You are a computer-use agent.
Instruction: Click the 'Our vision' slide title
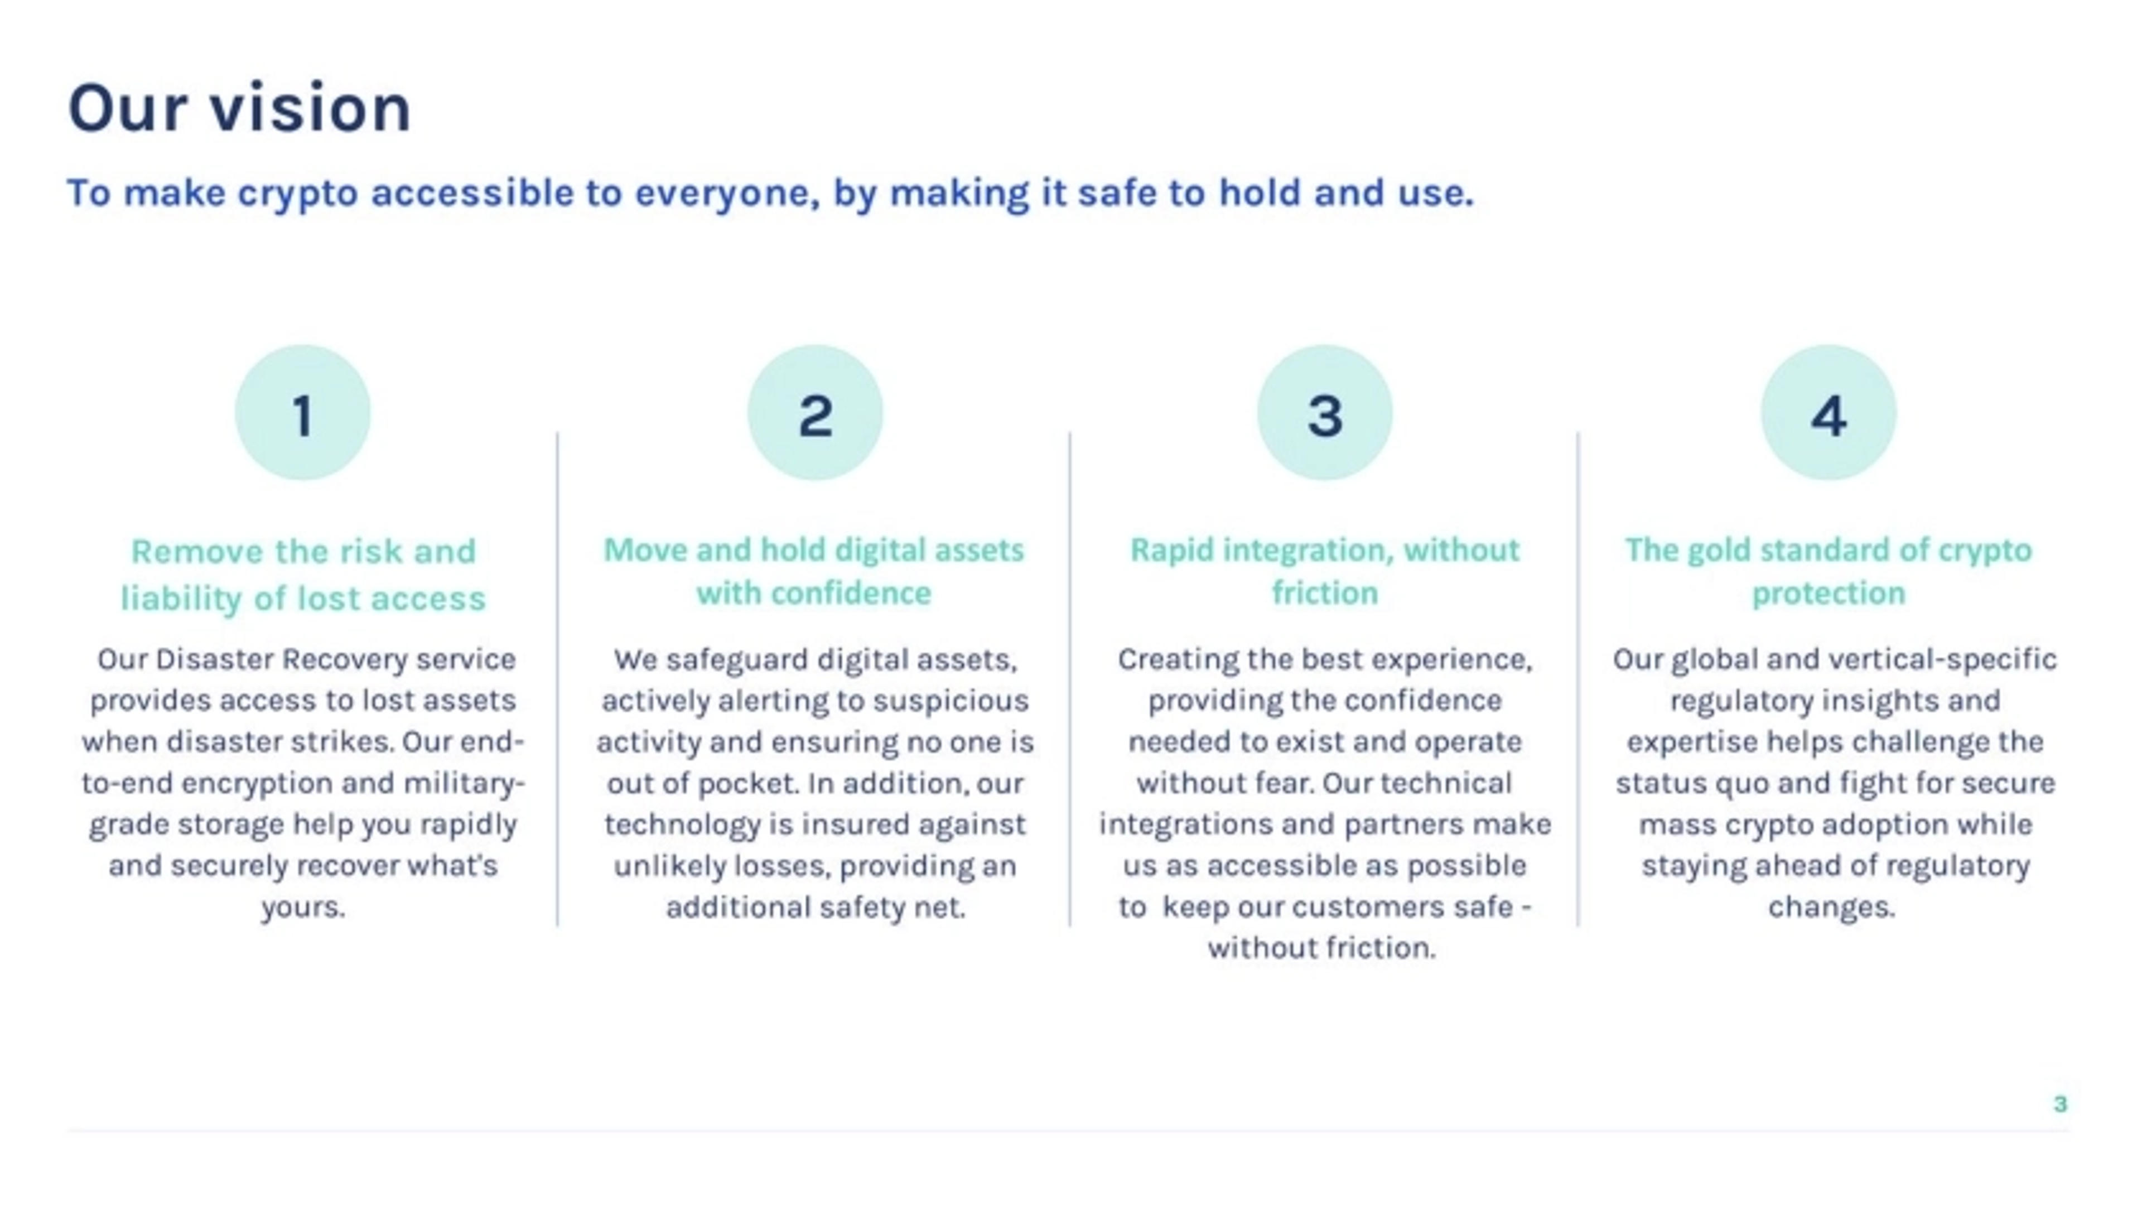click(239, 108)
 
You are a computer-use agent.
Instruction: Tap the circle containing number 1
click(303, 413)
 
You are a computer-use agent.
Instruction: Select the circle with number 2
click(815, 413)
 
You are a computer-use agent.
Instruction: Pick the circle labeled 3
click(1325, 413)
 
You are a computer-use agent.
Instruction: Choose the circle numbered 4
click(1829, 413)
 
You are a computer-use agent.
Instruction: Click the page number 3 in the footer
click(2059, 1104)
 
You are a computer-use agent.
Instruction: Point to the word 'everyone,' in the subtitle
click(727, 194)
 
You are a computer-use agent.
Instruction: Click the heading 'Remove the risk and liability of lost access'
click(303, 575)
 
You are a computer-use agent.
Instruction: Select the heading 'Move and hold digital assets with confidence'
click(814, 571)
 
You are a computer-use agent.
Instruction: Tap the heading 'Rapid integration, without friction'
click(1325, 571)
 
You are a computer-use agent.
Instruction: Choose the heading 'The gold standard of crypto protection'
click(1829, 571)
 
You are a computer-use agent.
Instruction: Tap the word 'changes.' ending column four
click(1831, 906)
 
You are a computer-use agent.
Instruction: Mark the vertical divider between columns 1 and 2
click(557, 679)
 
